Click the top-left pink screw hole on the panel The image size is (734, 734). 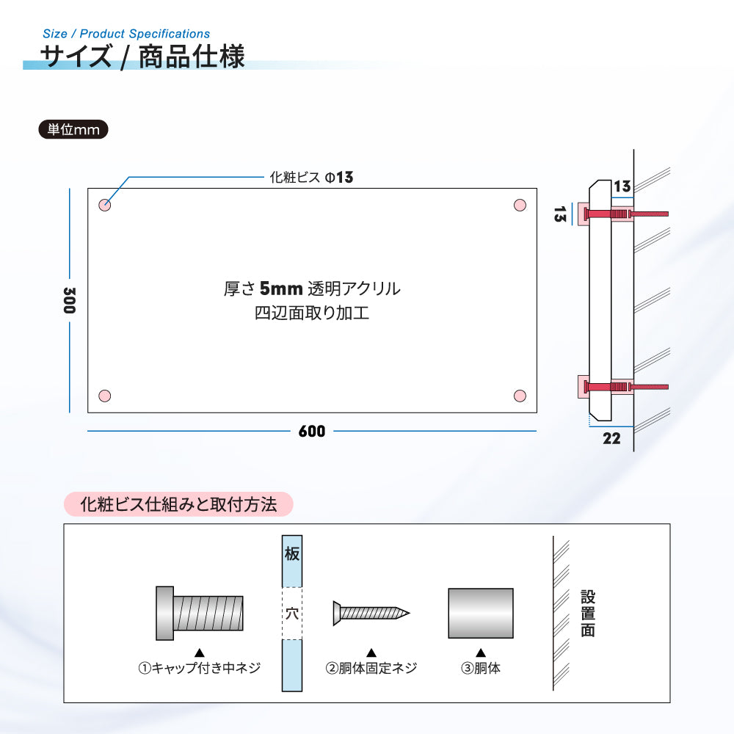coord(104,205)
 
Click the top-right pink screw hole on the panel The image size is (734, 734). coord(520,205)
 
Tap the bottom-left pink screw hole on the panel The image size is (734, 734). coord(104,396)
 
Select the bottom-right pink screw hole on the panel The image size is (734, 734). coord(520,396)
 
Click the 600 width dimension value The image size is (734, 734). coord(312,431)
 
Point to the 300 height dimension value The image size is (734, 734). coord(69,300)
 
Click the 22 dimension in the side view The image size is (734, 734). coord(611,439)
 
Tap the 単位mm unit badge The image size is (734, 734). coord(73,130)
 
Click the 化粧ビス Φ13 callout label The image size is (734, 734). coord(311,178)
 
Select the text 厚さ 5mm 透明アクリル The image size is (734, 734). coord(312,288)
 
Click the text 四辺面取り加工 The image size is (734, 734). coord(312,313)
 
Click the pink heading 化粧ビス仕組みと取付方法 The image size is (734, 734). coord(178,505)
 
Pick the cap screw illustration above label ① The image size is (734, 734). coord(200,613)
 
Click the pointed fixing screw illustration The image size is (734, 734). coord(371,613)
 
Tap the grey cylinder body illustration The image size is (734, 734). coord(481,613)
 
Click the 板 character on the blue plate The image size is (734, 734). coord(292,553)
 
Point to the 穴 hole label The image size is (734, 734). coord(292,613)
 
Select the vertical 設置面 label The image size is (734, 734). coord(588,613)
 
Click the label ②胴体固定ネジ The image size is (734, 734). coord(371,668)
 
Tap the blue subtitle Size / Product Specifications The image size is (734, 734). coord(126,34)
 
